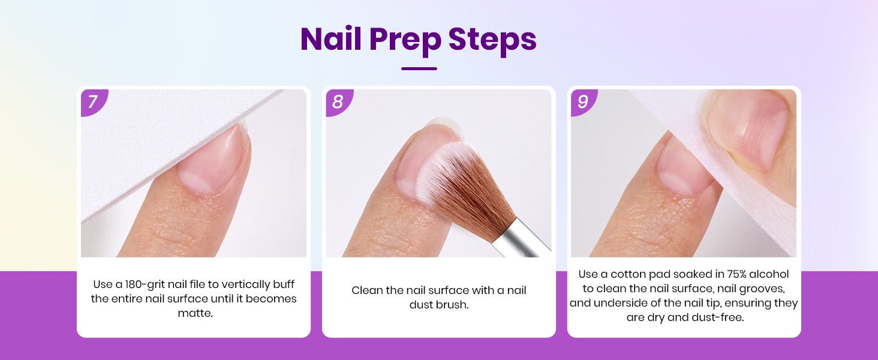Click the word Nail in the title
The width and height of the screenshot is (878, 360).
pyautogui.click(x=330, y=38)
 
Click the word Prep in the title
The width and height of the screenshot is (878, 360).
pyautogui.click(x=404, y=41)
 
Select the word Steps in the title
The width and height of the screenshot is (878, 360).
pyautogui.click(x=492, y=41)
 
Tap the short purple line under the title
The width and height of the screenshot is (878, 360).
pyautogui.click(x=419, y=68)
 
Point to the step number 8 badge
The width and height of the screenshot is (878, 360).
pyautogui.click(x=338, y=101)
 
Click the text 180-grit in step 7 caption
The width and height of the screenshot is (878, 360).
pyautogui.click(x=145, y=284)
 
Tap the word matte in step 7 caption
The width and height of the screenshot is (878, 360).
pyautogui.click(x=195, y=313)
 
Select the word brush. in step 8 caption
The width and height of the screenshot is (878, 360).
pyautogui.click(x=451, y=305)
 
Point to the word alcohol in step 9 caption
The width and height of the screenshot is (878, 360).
pyautogui.click(x=771, y=274)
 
